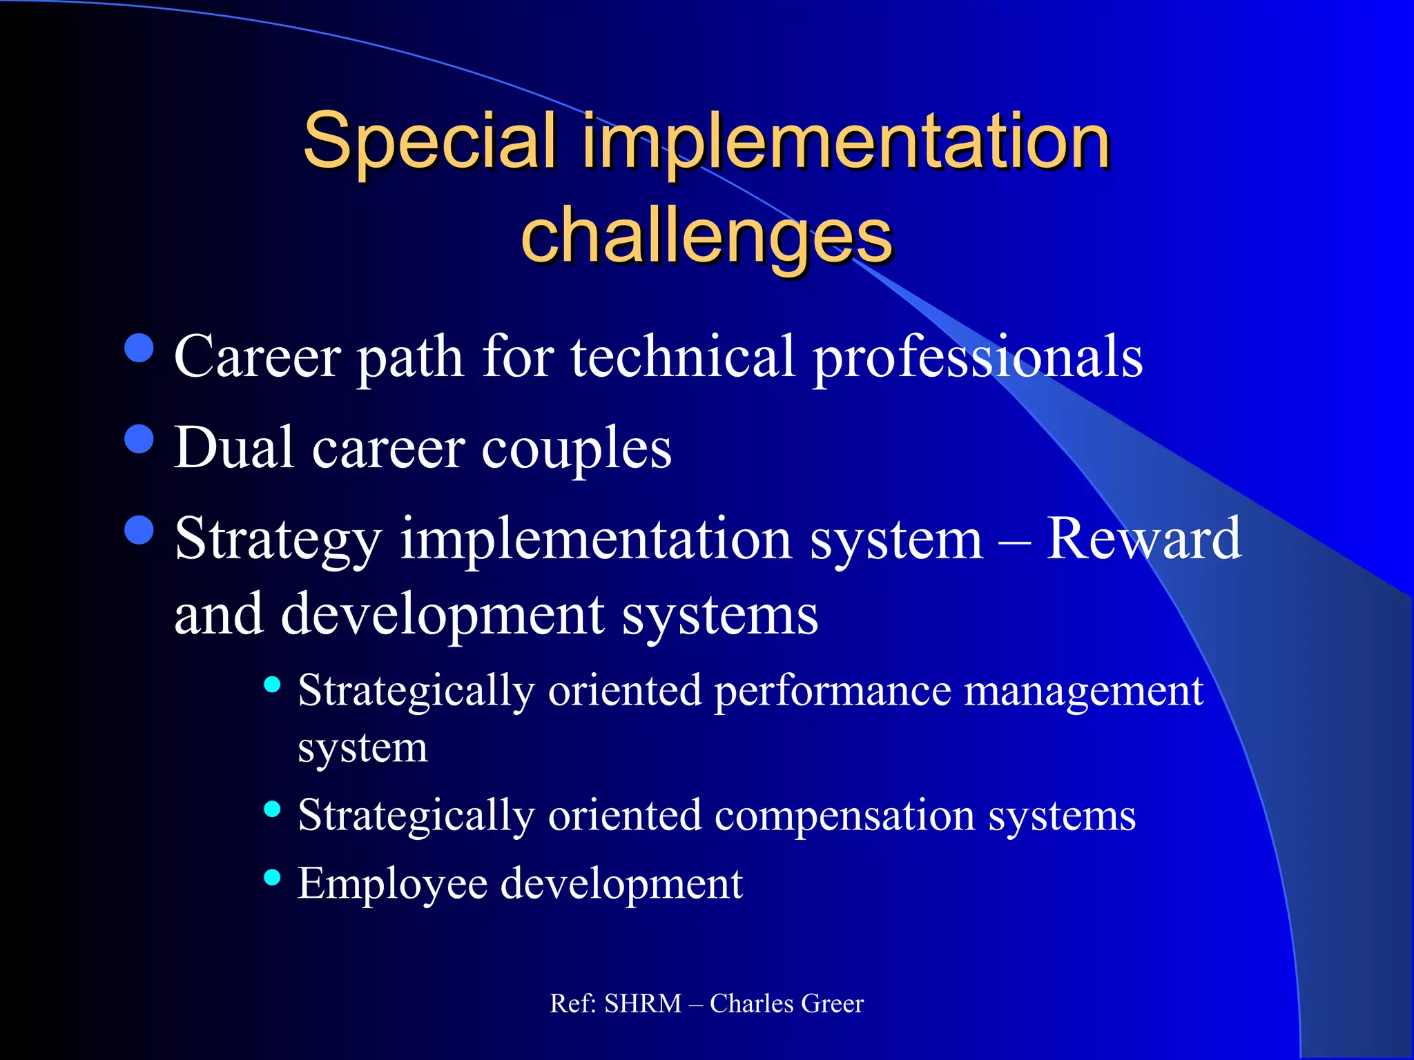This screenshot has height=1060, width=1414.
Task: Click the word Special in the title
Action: point(429,141)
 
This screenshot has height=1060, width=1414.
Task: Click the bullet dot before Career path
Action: point(139,348)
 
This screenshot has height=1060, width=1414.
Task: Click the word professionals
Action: point(977,357)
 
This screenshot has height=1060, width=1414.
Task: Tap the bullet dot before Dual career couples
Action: point(139,439)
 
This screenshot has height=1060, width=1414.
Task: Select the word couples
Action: point(576,449)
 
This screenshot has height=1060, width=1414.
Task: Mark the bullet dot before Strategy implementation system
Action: point(139,530)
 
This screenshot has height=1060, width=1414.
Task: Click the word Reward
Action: point(1143,538)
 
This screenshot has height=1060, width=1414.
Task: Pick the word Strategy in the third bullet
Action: point(278,540)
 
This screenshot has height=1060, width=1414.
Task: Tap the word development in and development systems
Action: point(443,614)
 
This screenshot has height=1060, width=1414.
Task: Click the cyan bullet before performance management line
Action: point(272,685)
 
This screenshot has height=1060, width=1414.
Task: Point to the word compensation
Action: point(844,816)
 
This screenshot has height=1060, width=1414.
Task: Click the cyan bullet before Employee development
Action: point(272,877)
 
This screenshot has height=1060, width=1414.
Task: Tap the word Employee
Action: point(392,884)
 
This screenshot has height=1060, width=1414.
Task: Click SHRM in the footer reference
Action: point(642,1003)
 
